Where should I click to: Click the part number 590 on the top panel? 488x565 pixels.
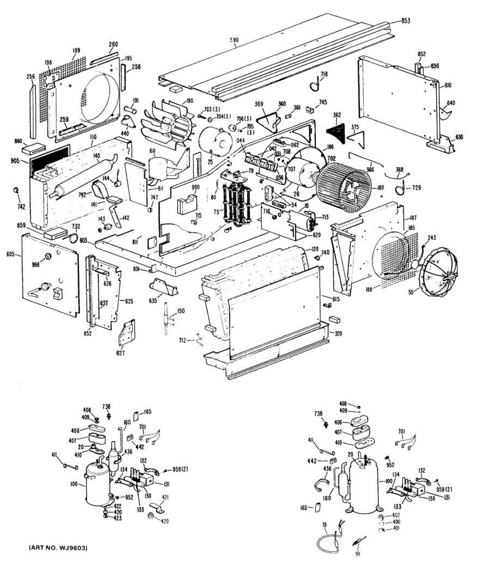pos(234,40)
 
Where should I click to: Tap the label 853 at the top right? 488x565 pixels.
pos(405,20)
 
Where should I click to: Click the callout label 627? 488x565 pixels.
pos(120,353)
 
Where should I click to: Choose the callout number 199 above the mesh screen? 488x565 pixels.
pos(76,50)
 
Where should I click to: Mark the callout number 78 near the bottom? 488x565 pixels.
pos(324,524)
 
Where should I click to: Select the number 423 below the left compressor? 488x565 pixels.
pos(118,518)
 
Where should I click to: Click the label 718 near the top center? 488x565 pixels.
pos(324,74)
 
